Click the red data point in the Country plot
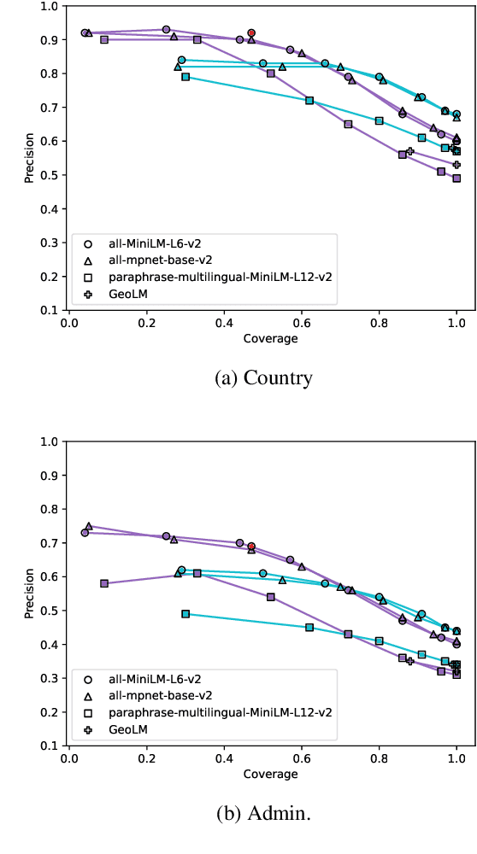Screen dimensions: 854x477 point(251,32)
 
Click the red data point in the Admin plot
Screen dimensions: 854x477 point(251,546)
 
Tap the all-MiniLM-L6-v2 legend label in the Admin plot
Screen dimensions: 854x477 point(155,680)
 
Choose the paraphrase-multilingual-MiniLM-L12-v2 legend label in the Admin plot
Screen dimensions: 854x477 point(220,712)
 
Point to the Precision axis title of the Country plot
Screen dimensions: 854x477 point(29,158)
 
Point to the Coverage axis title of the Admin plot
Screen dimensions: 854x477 point(269,774)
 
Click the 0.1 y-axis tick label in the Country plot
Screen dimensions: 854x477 point(50,310)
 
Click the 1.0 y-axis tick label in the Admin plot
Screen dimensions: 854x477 point(50,442)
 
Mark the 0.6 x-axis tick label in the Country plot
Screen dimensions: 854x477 point(301,325)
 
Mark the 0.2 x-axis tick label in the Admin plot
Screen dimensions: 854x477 point(146,760)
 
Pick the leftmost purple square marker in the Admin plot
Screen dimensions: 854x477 point(104,583)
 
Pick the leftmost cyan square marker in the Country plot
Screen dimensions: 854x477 point(185,77)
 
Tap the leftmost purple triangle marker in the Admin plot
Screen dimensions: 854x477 point(89,526)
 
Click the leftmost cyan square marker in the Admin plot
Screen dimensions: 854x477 point(185,614)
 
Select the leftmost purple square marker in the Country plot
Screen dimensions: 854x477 point(104,39)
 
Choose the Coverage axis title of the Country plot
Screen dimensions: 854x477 point(269,338)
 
